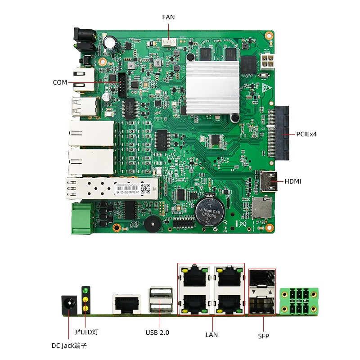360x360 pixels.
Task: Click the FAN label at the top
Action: tap(168, 17)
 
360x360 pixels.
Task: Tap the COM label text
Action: tap(60, 82)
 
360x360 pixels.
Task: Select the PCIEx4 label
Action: tap(306, 134)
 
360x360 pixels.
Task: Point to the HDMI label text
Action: tap(293, 181)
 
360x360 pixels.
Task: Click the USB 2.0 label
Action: tap(157, 333)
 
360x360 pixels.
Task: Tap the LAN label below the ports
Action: tap(211, 334)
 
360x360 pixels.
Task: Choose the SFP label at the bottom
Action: tap(263, 336)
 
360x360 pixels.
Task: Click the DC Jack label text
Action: tap(69, 346)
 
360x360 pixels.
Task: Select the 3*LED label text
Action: tap(86, 333)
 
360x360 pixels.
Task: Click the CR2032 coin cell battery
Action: tap(209, 211)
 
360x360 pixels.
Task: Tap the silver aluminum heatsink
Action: tap(213, 86)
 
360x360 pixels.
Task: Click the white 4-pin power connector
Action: tap(267, 63)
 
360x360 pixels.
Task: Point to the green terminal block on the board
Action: tap(81, 219)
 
